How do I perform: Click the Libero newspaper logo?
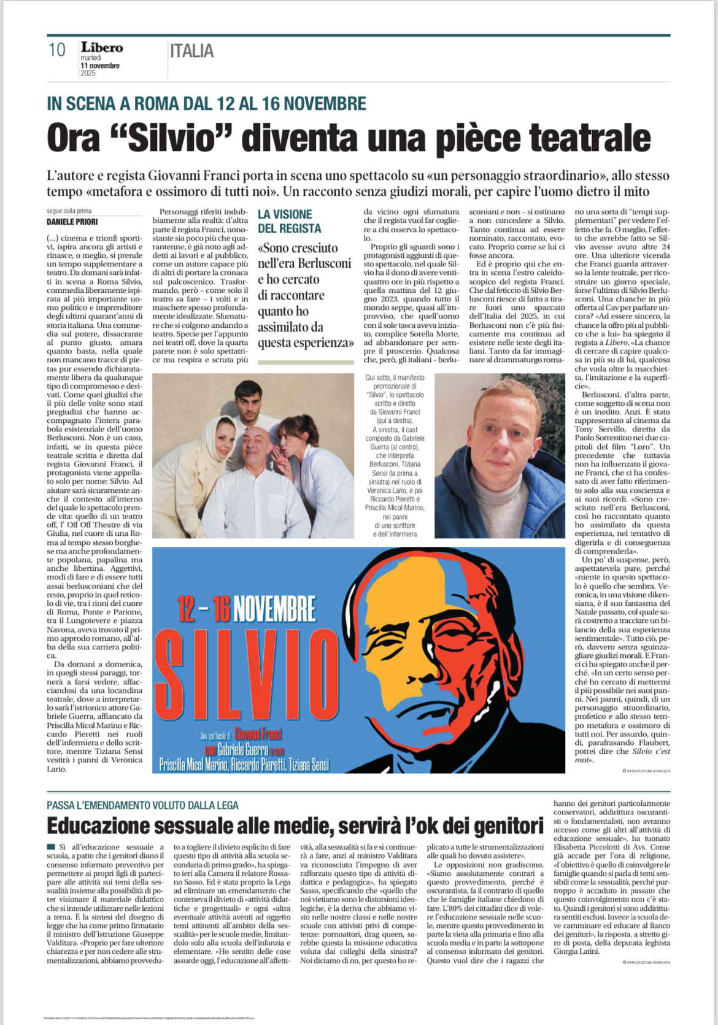click(101, 47)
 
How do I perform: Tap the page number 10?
click(56, 50)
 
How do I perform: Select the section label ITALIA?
click(192, 51)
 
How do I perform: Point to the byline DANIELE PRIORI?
click(72, 222)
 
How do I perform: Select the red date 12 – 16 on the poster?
click(203, 608)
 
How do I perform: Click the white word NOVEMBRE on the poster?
click(274, 608)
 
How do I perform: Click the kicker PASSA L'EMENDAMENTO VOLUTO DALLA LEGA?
click(142, 805)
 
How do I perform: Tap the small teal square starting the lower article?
click(51, 847)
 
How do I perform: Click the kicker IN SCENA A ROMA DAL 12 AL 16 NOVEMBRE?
click(206, 103)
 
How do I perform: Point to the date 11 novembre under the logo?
click(100, 66)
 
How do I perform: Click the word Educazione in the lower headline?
click(98, 826)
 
